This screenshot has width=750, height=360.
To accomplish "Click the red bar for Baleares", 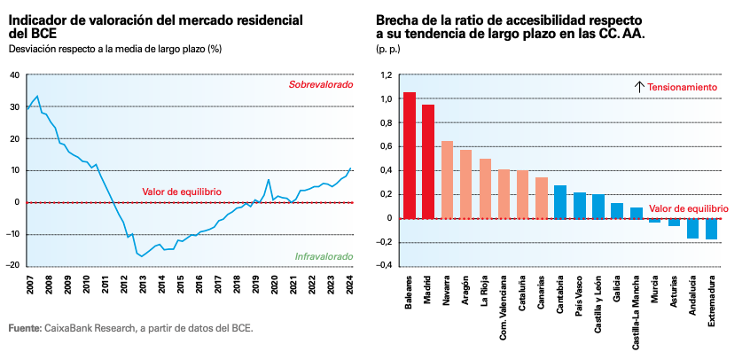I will (x=410, y=155).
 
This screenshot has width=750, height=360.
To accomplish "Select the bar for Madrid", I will (x=428, y=161).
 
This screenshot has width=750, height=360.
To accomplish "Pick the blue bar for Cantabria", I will (x=560, y=201).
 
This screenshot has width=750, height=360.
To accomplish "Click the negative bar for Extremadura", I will (x=711, y=229).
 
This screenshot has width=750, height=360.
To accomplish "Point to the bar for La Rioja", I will (x=485, y=188).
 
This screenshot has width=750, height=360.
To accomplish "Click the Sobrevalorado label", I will (x=320, y=84).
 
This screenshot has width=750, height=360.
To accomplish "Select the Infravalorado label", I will (x=324, y=257).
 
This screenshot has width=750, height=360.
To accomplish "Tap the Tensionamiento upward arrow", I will (x=638, y=87).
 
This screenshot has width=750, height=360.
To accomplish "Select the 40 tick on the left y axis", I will (x=14, y=74).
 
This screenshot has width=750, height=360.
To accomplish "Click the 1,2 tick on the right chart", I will (x=386, y=75).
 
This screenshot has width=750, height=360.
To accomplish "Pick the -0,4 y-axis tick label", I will (x=383, y=266).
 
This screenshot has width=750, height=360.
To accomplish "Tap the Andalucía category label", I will (x=692, y=294).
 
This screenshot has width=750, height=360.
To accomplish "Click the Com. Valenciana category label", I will (x=504, y=301).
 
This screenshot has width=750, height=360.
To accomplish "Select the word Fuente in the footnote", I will (x=24, y=328).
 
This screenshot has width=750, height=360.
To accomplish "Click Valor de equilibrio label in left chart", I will (x=182, y=192).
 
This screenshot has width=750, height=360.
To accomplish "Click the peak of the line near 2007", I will (x=36, y=96).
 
